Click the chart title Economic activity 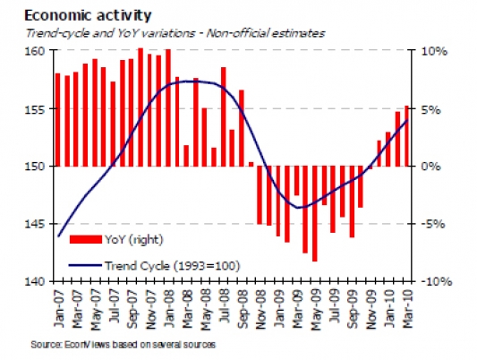click(88, 15)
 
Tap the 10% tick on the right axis click(434, 51)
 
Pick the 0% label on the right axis click(430, 167)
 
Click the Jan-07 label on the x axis click(59, 308)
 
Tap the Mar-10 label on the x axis click(408, 308)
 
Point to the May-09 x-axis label click(316, 309)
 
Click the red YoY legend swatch click(86, 239)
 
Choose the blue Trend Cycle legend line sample click(85, 265)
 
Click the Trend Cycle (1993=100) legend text click(173, 266)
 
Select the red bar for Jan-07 click(58, 120)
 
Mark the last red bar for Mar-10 click(406, 136)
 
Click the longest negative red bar click(314, 214)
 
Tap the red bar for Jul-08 click(224, 116)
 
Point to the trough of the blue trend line click(298, 208)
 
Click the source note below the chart click(124, 345)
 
